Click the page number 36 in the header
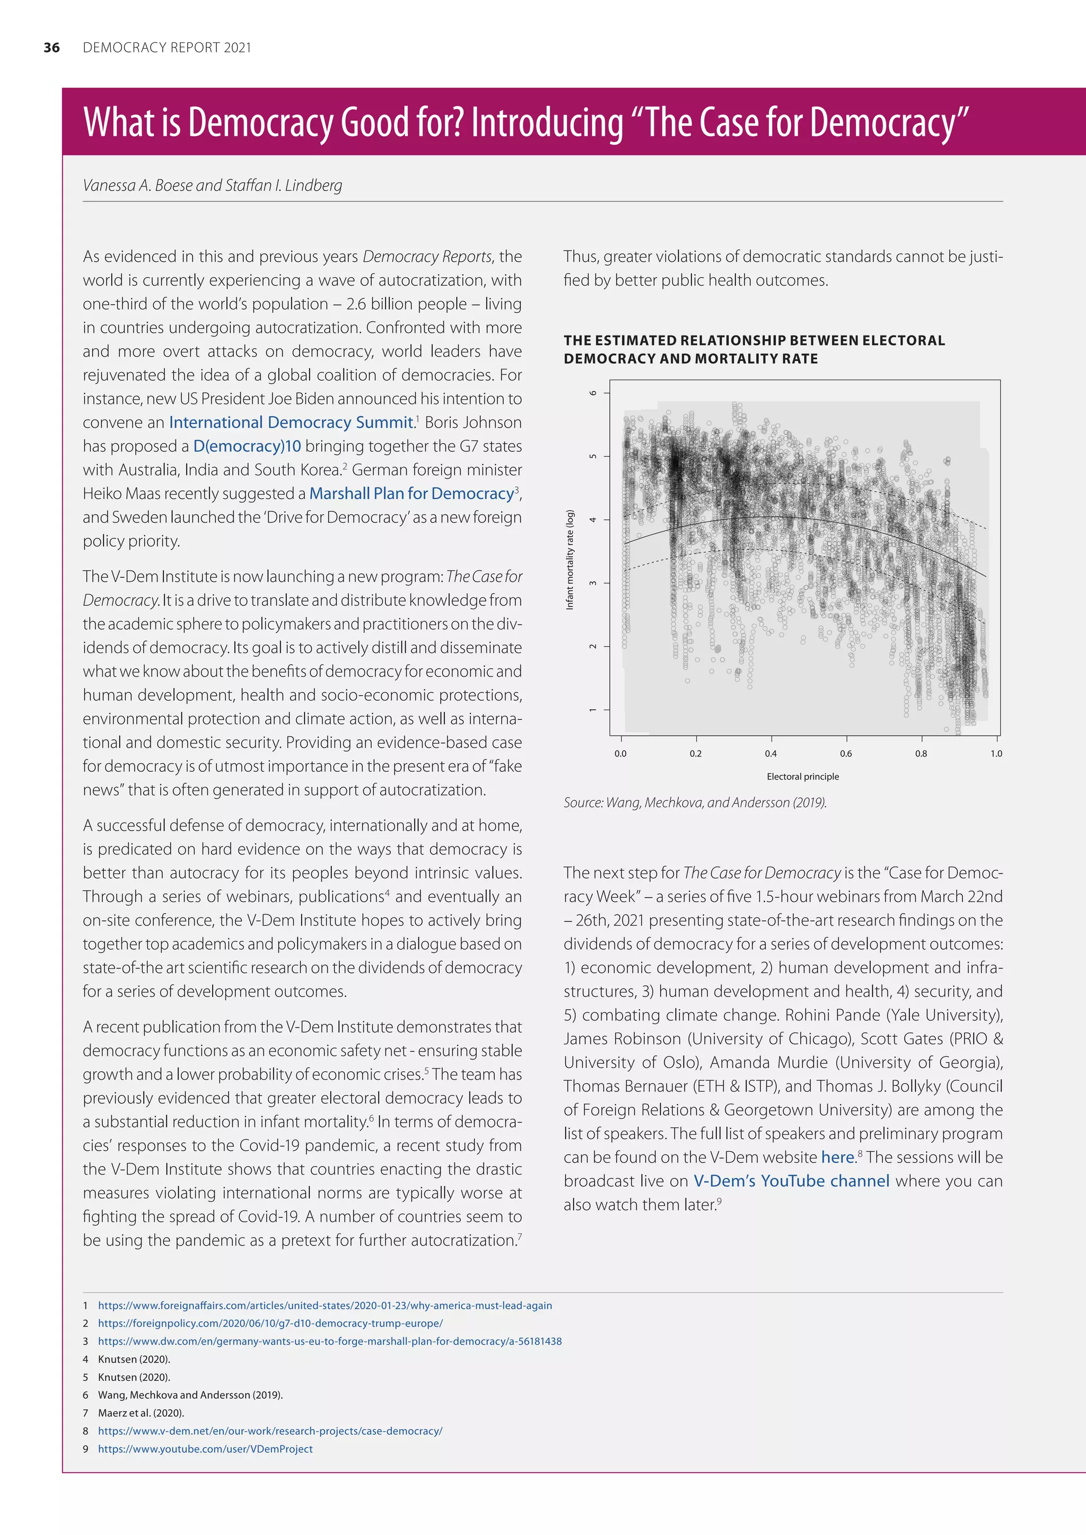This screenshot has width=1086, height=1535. [51, 48]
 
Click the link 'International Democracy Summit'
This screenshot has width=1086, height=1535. [291, 422]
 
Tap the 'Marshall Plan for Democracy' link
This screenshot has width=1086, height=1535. [411, 493]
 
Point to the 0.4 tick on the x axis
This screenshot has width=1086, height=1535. [771, 754]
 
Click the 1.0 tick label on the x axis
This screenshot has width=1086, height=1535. [996, 754]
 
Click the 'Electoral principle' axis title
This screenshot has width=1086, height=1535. [802, 776]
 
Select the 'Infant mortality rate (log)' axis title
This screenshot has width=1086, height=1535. [570, 560]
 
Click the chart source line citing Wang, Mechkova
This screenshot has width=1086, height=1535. [695, 802]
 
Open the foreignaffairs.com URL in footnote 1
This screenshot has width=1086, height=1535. [325, 1305]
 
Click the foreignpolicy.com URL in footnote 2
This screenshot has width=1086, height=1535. [270, 1323]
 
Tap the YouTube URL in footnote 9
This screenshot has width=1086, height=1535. [205, 1449]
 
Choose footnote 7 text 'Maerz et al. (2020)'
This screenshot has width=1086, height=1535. [141, 1413]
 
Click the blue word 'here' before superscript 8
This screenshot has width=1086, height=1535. [837, 1157]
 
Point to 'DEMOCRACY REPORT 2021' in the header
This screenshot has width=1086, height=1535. [167, 48]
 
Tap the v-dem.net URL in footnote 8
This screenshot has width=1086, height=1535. [270, 1431]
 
